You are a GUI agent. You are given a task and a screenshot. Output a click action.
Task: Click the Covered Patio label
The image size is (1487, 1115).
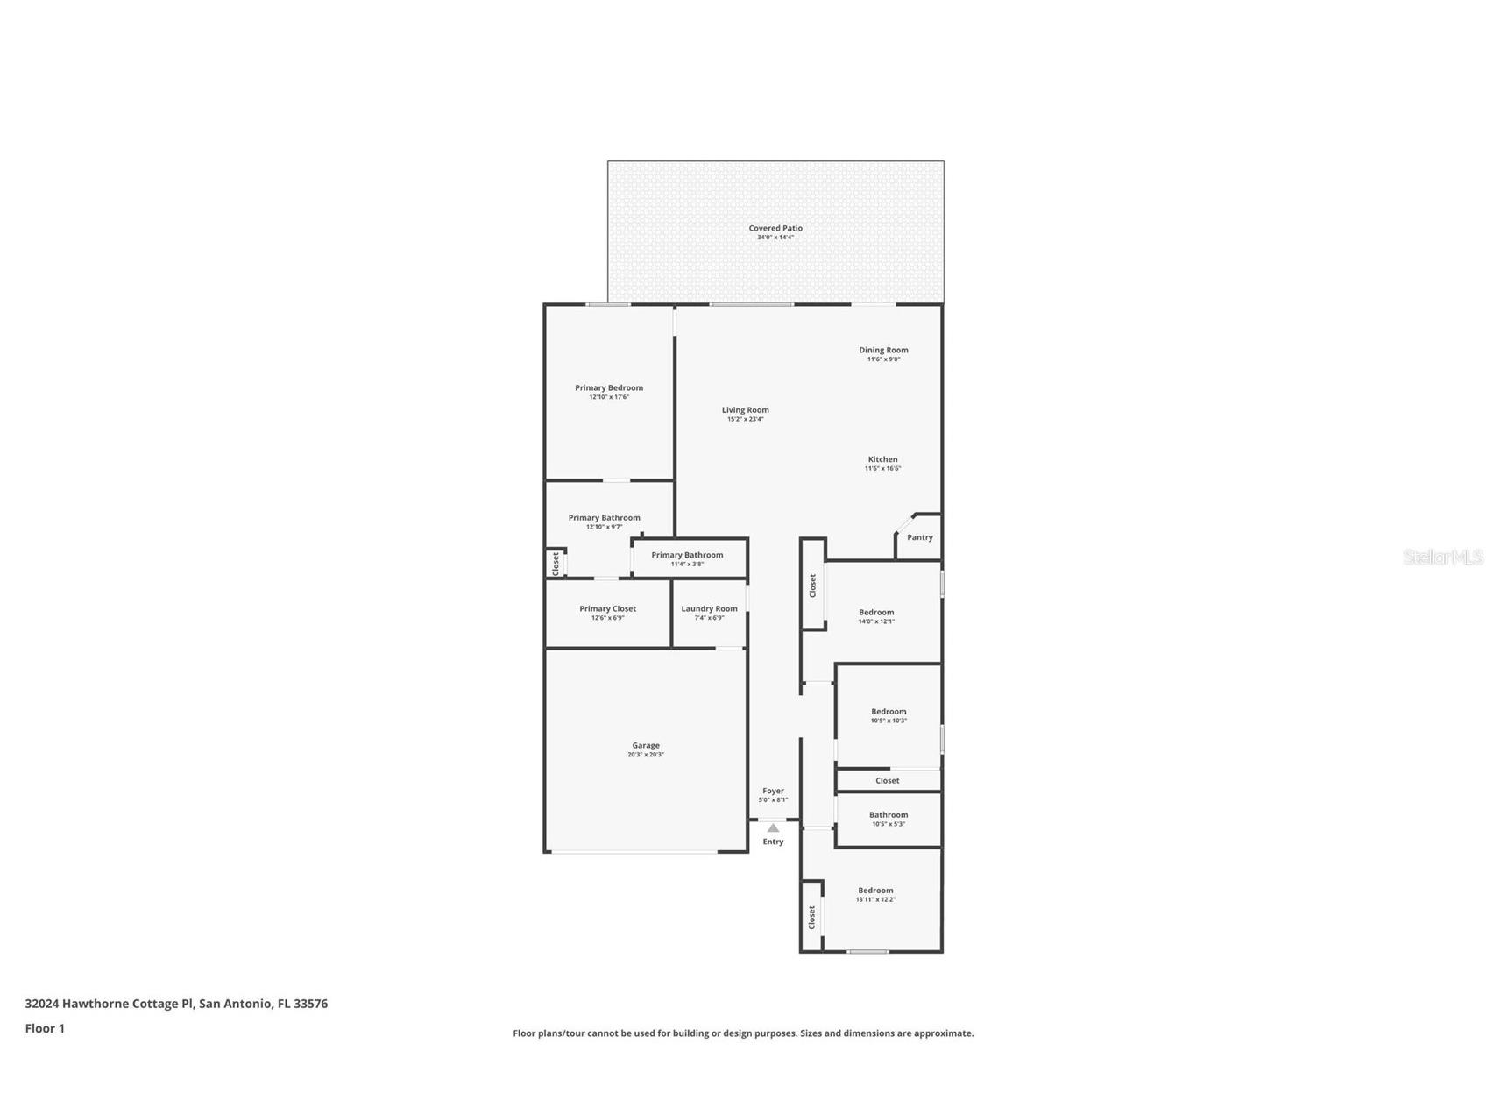(775, 228)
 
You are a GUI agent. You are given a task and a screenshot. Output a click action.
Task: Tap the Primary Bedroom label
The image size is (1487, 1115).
(609, 387)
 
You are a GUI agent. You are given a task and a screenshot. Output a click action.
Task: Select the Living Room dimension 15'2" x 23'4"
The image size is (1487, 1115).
(746, 419)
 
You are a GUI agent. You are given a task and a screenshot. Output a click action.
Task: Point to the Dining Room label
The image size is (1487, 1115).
(883, 350)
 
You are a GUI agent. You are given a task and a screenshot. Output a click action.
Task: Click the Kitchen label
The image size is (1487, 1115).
(882, 459)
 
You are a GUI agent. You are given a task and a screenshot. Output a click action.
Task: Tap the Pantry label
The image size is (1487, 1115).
(920, 537)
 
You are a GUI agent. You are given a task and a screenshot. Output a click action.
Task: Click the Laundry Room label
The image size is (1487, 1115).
(709, 608)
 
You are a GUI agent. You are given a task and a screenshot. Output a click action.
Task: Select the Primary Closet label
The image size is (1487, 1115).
(607, 608)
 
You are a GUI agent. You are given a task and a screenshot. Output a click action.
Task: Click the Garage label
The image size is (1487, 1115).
(646, 745)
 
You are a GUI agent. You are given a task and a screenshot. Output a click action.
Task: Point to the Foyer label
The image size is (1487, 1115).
(773, 791)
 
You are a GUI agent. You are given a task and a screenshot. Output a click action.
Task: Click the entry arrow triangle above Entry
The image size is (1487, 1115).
(773, 827)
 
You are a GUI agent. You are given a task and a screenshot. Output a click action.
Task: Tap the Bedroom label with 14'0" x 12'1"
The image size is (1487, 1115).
(876, 612)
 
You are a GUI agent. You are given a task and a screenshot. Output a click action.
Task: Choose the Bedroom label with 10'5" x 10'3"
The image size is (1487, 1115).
(889, 712)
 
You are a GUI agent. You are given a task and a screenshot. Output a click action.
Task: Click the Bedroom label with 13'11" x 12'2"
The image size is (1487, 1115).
(875, 891)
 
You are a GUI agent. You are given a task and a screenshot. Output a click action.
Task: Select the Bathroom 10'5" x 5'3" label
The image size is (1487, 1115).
(889, 815)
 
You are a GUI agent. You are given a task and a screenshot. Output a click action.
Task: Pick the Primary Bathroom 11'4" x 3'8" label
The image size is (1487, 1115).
(687, 555)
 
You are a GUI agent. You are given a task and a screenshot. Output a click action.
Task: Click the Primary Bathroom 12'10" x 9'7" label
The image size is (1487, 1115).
(604, 518)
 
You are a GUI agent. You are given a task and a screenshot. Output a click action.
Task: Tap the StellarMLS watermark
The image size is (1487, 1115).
(1442, 557)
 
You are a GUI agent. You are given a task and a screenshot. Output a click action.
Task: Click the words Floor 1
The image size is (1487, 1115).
(45, 1028)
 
